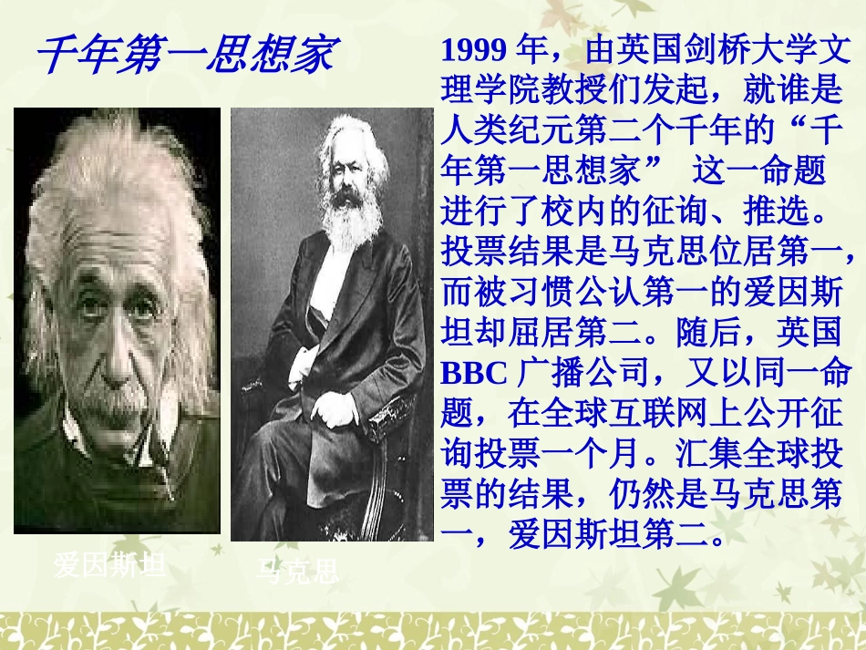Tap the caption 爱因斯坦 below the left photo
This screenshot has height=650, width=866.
(x=109, y=566)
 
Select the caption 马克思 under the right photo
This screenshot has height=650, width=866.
(x=296, y=571)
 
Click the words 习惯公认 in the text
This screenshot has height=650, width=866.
(x=575, y=292)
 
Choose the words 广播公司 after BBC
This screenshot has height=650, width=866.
(x=583, y=374)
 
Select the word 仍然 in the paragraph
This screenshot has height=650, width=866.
(x=643, y=496)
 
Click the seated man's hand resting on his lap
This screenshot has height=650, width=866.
(x=335, y=409)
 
